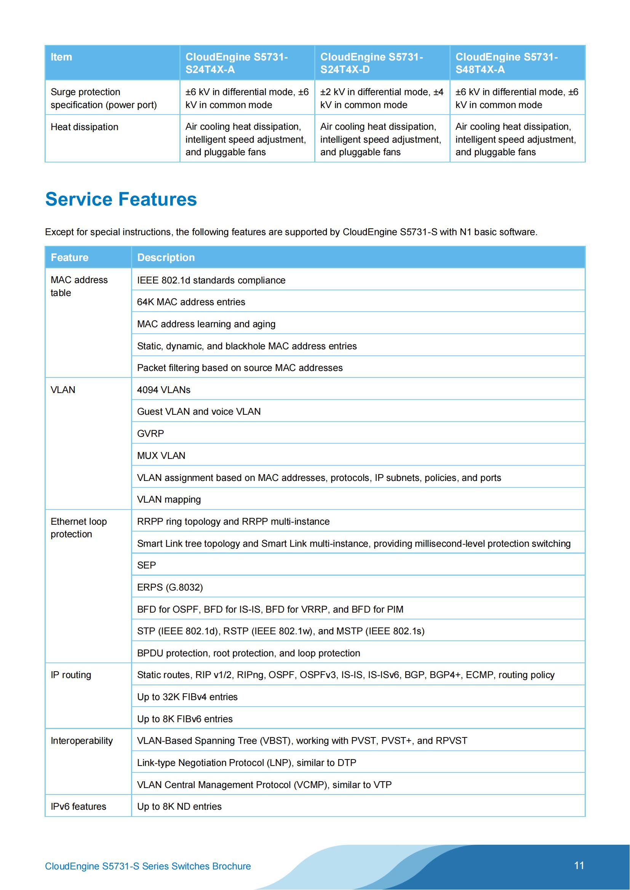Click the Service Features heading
tap(121, 199)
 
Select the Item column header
tap(61, 57)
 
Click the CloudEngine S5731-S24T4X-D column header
tap(371, 63)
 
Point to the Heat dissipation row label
tap(85, 127)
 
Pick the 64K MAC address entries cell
tap(191, 302)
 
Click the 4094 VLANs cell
tap(164, 390)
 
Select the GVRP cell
tap(150, 433)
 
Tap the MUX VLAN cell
tap(161, 455)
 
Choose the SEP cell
tap(146, 565)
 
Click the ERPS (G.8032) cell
tap(170, 587)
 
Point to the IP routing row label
tap(71, 675)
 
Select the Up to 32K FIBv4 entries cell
tap(187, 697)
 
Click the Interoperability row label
tap(82, 741)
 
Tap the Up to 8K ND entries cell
tap(179, 807)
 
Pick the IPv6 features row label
tap(78, 807)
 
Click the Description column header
tap(166, 257)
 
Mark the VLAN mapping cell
tap(169, 499)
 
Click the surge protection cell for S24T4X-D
tap(382, 99)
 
